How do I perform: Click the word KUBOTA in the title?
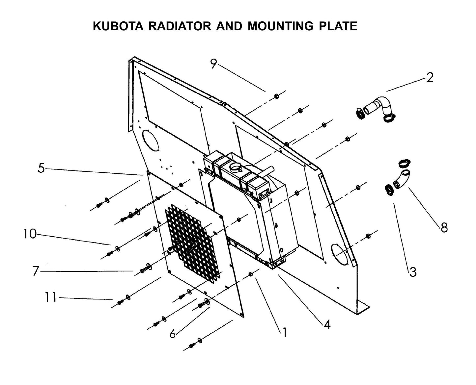click(x=118, y=26)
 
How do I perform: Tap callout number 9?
click(x=213, y=64)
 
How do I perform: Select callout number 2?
click(x=430, y=78)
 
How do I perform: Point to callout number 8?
click(x=444, y=227)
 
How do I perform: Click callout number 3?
click(x=413, y=272)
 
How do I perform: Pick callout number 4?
click(x=327, y=324)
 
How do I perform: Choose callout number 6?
click(x=173, y=334)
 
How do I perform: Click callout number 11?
click(x=51, y=297)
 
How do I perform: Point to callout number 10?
click(x=30, y=234)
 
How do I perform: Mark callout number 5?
click(x=41, y=168)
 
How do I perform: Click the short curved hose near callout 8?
click(x=403, y=179)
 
